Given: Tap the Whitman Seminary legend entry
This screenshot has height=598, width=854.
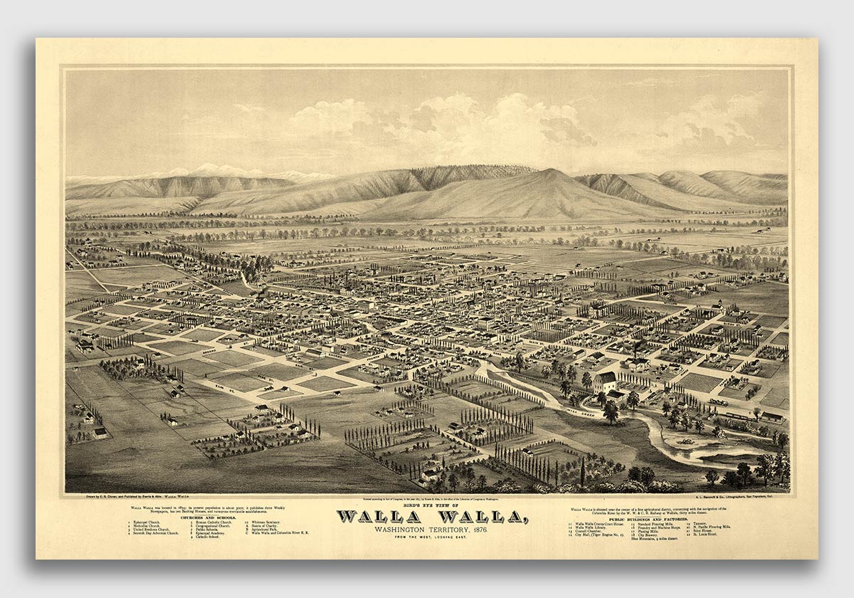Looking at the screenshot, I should (x=263, y=523).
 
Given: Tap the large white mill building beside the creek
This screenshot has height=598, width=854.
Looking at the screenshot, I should (x=605, y=382).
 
